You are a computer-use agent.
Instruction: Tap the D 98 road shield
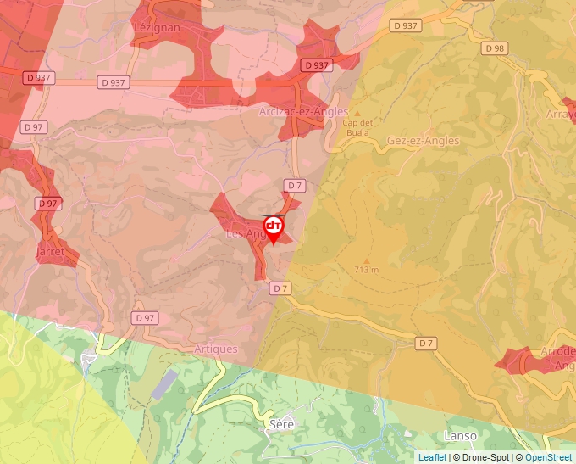(494, 48)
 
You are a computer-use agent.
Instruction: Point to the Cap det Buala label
(357, 126)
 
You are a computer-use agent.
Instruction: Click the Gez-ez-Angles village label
(423, 141)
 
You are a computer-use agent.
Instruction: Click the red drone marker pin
(274, 227)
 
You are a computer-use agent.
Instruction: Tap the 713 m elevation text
(367, 270)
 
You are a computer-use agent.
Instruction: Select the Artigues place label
(216, 349)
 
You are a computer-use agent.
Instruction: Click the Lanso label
(460, 435)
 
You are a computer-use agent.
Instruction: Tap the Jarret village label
(51, 252)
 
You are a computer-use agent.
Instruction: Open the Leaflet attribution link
(432, 457)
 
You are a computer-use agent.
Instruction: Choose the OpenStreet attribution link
(549, 457)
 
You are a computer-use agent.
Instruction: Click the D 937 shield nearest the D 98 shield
(407, 25)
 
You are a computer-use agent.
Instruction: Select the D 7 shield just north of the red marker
(294, 185)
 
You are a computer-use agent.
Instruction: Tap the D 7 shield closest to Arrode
(426, 343)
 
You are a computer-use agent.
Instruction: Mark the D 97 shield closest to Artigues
(145, 318)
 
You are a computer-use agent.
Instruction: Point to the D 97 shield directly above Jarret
(48, 204)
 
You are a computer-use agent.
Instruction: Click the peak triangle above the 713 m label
(366, 260)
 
